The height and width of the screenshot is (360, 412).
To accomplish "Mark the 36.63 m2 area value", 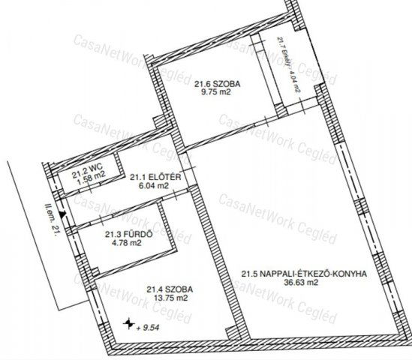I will (x=302, y=284).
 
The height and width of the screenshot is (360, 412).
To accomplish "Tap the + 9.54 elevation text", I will (x=153, y=327).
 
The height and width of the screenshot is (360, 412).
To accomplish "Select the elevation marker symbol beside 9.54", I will (x=131, y=324).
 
